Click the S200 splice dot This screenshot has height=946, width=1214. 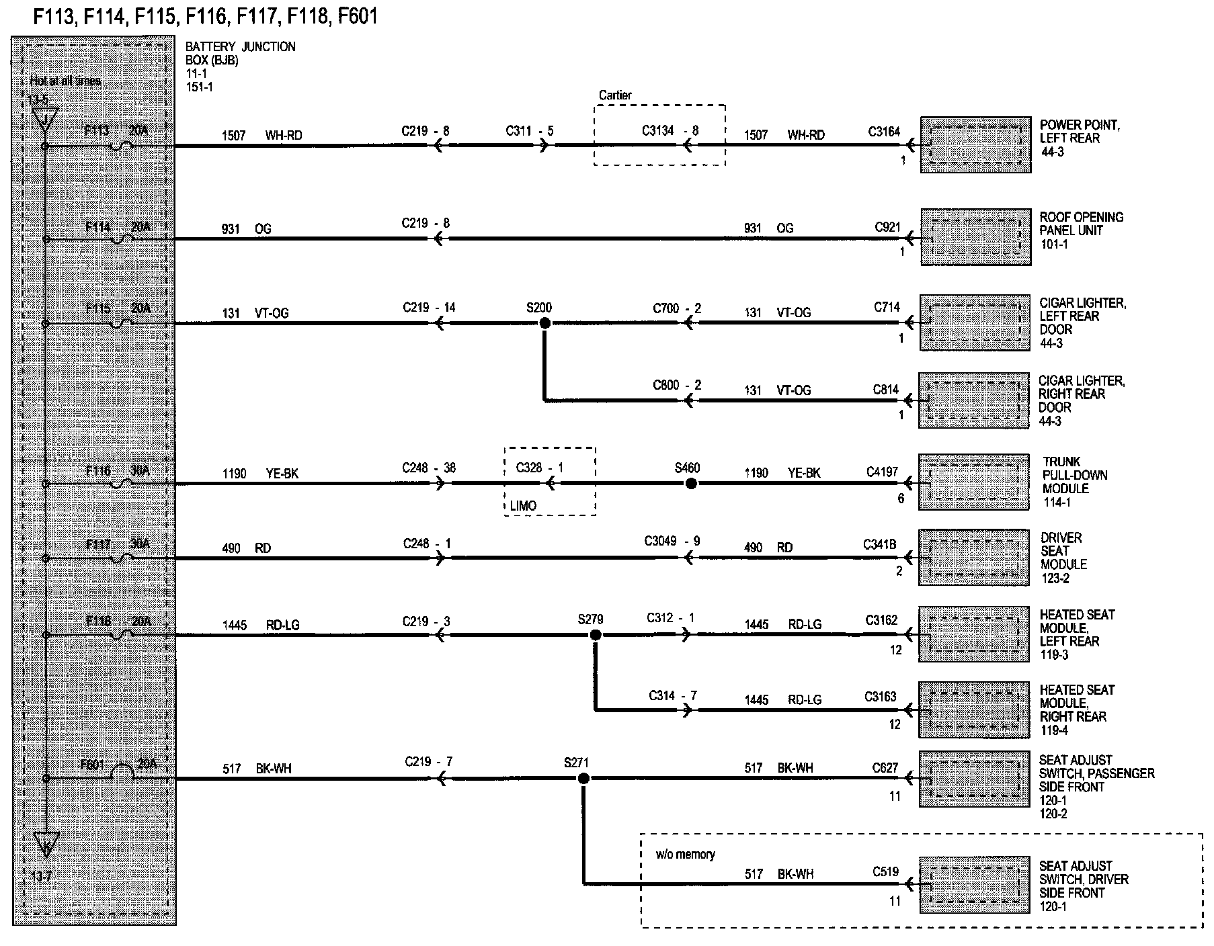click(545, 323)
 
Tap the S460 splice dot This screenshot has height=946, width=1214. click(690, 483)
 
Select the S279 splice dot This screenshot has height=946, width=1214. click(595, 634)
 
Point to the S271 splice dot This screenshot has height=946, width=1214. click(583, 778)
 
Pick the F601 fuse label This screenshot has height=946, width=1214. click(93, 765)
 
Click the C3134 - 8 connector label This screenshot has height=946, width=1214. click(670, 130)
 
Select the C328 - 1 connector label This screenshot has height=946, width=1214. click(540, 468)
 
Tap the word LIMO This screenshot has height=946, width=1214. click(523, 506)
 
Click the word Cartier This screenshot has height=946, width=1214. click(615, 95)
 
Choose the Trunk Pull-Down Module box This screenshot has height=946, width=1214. click(974, 482)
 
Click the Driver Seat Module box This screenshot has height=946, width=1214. click(974, 558)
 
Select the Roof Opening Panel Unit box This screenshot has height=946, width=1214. click(975, 237)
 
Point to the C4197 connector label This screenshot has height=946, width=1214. click(882, 472)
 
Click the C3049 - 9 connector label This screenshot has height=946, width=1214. click(672, 541)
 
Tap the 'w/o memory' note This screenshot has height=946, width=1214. click(685, 855)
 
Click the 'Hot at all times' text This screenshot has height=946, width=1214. click(65, 81)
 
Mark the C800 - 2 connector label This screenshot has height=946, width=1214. click(677, 386)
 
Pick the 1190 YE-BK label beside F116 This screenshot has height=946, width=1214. click(260, 474)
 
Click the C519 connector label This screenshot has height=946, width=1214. click(885, 871)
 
